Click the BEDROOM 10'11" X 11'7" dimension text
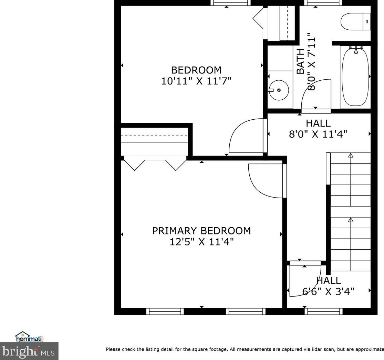coord(196,81)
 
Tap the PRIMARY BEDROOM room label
coord(201,231)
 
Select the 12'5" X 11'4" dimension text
coord(201,242)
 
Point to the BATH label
coord(301,61)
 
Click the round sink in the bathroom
coord(279,90)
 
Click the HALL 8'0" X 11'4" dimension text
coord(318,134)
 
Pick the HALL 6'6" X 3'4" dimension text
coord(328,291)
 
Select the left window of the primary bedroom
coord(165,311)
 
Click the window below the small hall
coord(324,311)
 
